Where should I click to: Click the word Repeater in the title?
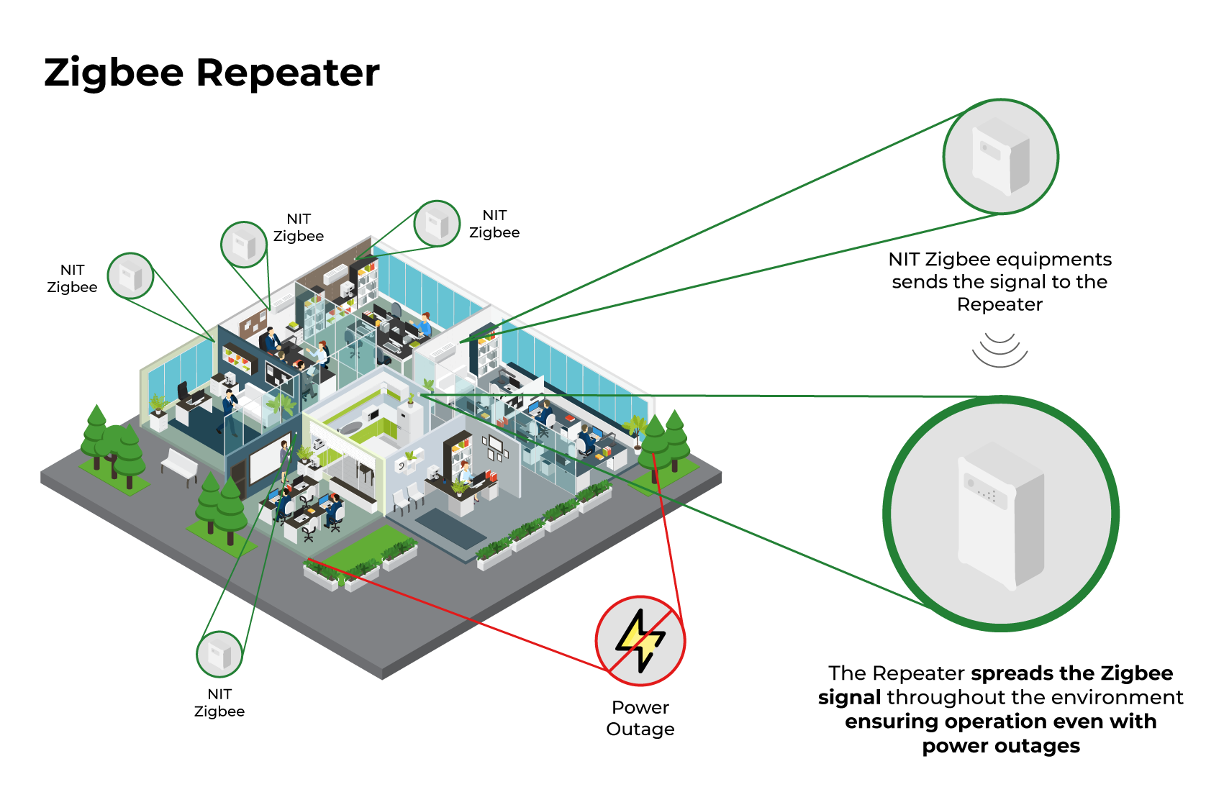click(288, 73)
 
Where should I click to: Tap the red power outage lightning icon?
click(640, 640)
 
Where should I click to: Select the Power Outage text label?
click(640, 718)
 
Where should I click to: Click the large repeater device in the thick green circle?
click(1002, 517)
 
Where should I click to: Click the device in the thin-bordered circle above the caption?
click(1002, 156)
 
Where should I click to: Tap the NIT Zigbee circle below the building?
click(219, 654)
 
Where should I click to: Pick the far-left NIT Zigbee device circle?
click(130, 276)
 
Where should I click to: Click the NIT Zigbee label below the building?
click(219, 703)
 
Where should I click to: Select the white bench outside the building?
click(180, 465)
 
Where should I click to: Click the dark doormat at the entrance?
click(451, 529)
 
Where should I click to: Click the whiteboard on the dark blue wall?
click(269, 459)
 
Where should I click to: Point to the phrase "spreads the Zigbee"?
click(1072, 673)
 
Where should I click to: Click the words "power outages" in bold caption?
click(1001, 746)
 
